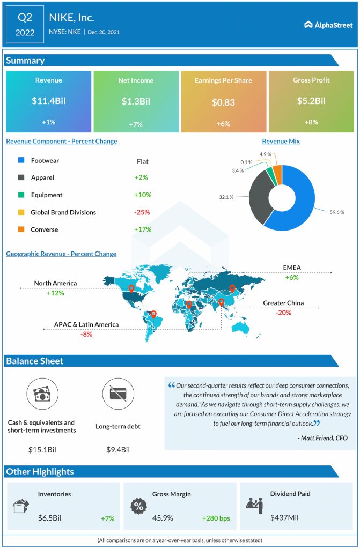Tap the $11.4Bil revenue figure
[48, 100]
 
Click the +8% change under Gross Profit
[311, 122]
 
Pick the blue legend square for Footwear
[21, 161]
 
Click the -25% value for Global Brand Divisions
[142, 212]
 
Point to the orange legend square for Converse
[21, 229]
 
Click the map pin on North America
[131, 289]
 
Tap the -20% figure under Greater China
[283, 313]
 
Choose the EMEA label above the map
[292, 268]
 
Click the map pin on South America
[153, 315]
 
